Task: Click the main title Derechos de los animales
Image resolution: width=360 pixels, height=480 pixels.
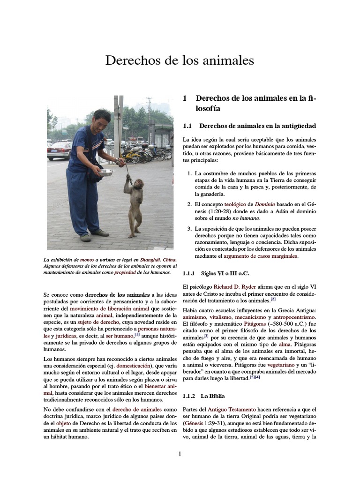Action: point(180,60)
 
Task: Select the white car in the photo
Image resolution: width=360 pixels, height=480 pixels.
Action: point(59,150)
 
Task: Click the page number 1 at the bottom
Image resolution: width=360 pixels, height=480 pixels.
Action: point(180,453)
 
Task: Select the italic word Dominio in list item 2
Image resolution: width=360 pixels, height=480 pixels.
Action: point(265,204)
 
